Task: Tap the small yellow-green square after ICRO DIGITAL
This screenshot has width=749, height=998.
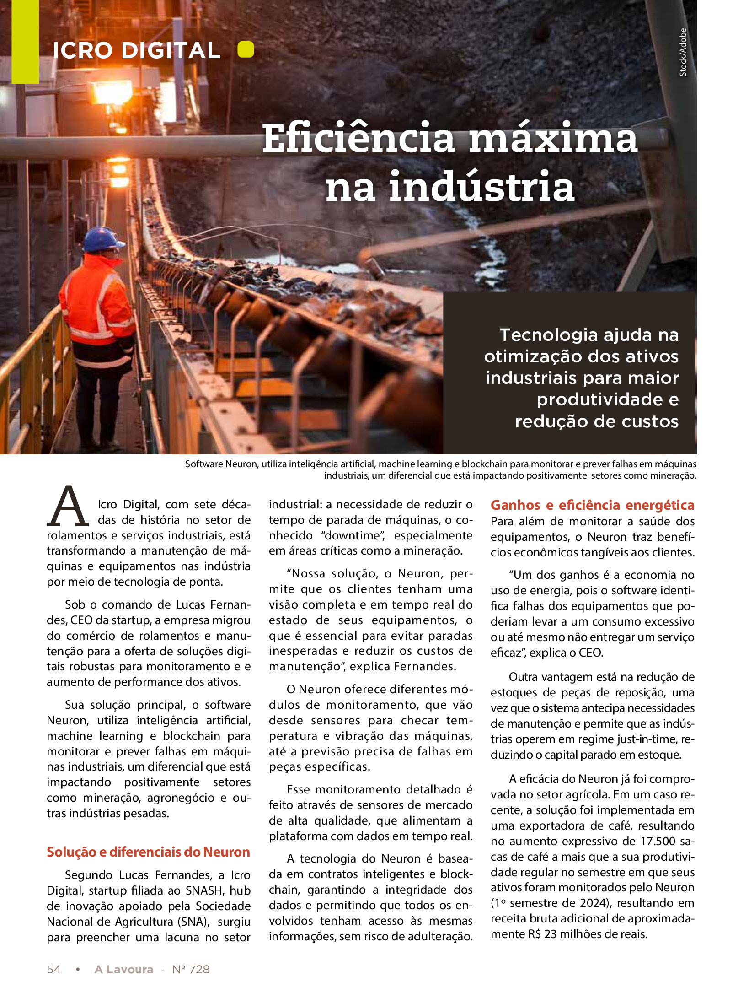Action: tap(246, 49)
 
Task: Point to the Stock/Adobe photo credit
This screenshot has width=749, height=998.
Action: tap(683, 52)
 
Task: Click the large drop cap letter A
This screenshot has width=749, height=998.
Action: tap(68, 507)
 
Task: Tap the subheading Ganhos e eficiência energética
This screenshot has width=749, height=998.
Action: tap(592, 505)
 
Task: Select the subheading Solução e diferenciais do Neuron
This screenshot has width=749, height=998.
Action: tap(148, 852)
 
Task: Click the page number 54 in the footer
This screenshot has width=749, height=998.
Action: tap(53, 969)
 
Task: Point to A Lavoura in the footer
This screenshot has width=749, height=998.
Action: tap(124, 969)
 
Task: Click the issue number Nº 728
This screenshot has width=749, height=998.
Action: tap(191, 969)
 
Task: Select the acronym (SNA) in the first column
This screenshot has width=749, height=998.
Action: tap(191, 922)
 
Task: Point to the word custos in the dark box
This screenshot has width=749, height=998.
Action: tap(652, 421)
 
